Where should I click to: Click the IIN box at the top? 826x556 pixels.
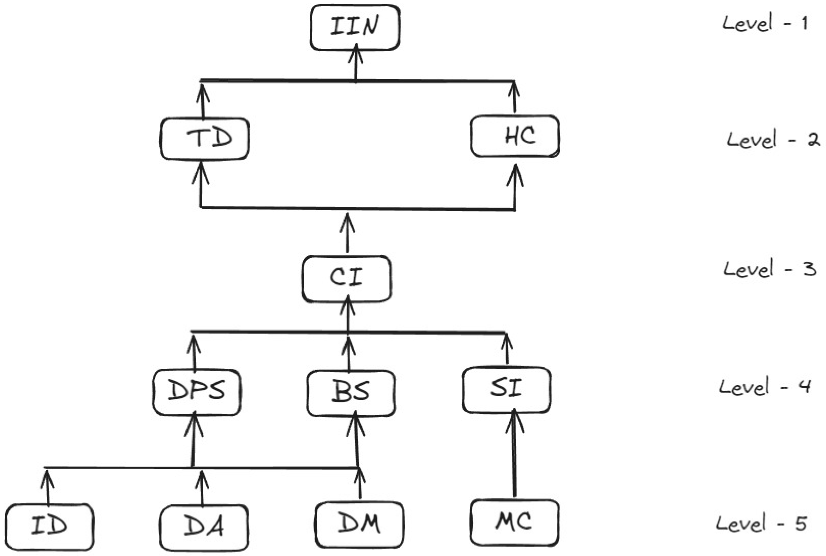coord(355,27)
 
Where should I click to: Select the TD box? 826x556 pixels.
coord(205,138)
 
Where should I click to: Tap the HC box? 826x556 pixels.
coord(515,136)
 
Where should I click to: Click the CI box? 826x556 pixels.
coord(346,279)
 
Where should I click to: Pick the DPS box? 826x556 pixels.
coord(197,392)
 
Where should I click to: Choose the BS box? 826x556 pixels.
coord(351,393)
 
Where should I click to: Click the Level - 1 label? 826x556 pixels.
coord(765,23)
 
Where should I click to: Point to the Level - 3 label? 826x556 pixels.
coord(770,269)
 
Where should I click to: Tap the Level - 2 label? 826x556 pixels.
coord(773,139)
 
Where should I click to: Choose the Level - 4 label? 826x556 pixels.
coord(765,387)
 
